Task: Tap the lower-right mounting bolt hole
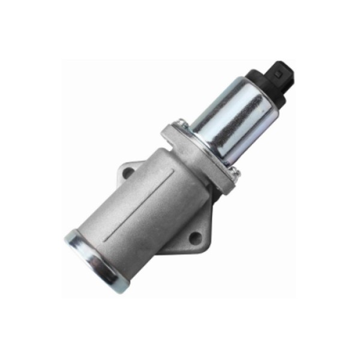pos(195,238)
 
